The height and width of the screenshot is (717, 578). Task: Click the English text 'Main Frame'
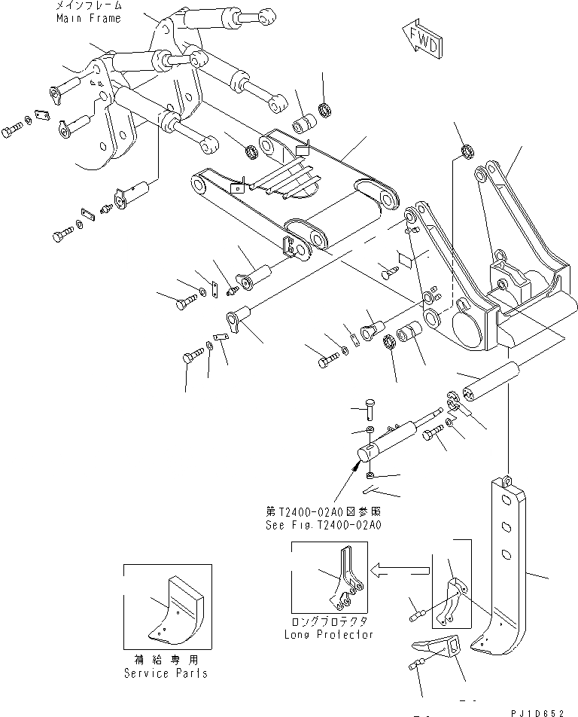(x=87, y=18)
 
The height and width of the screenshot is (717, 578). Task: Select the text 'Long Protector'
(x=329, y=635)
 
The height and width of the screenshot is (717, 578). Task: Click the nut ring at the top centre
(x=326, y=111)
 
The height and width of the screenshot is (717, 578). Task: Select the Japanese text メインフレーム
(x=87, y=5)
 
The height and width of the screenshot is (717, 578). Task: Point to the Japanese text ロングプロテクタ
(x=329, y=623)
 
